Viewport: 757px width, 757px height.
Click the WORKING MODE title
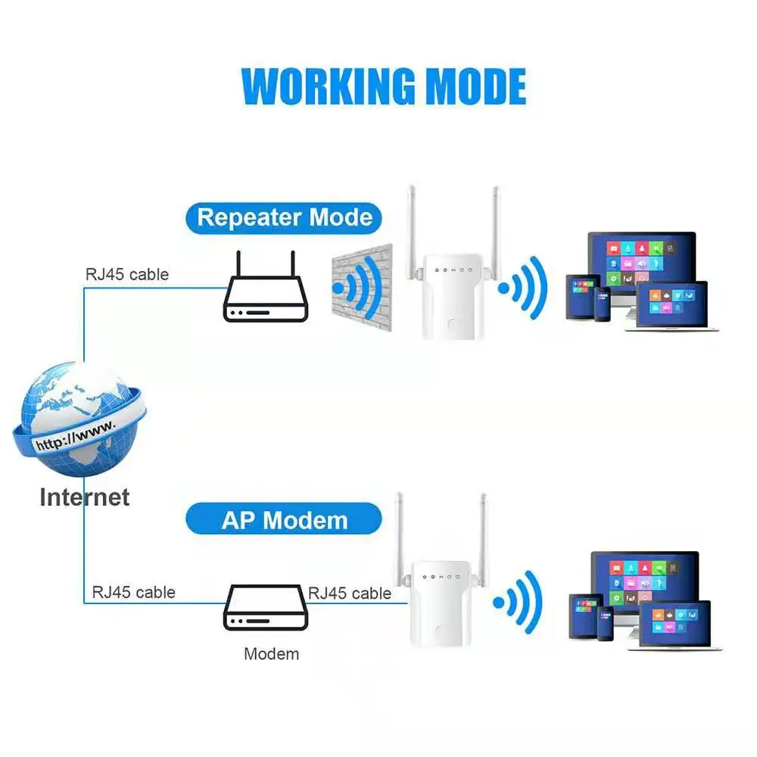coord(384,86)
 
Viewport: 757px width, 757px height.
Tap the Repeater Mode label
coord(285,218)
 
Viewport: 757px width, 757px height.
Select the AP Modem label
coord(285,520)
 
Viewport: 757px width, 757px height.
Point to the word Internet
coord(84,497)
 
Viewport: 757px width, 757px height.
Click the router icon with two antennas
coord(265,295)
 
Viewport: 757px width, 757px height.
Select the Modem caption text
coord(271,653)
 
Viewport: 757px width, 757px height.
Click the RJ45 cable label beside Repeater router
coord(126,273)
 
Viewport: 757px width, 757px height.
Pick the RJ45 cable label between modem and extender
coord(350,593)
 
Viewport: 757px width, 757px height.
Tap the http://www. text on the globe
coord(76,438)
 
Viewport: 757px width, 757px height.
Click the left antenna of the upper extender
coord(413,223)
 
